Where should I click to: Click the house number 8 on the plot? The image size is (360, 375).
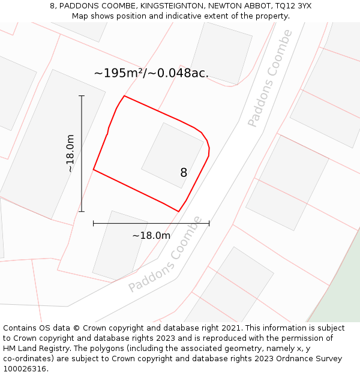(x=184, y=173)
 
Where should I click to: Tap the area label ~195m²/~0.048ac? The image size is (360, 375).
(x=151, y=73)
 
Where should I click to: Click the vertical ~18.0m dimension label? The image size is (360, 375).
(x=70, y=154)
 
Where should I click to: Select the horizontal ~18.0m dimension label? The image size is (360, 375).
(x=151, y=235)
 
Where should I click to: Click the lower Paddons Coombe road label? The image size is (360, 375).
(x=166, y=254)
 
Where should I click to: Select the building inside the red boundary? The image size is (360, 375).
(x=172, y=155)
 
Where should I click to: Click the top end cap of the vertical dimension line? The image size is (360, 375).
(x=82, y=96)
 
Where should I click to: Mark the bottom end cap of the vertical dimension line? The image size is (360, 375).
(x=82, y=211)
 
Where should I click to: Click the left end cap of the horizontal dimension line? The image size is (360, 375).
(x=94, y=223)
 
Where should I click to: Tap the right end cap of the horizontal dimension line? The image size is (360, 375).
(x=209, y=223)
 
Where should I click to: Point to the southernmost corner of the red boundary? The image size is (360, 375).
(x=178, y=211)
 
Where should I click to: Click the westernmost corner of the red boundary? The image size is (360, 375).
(x=94, y=170)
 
